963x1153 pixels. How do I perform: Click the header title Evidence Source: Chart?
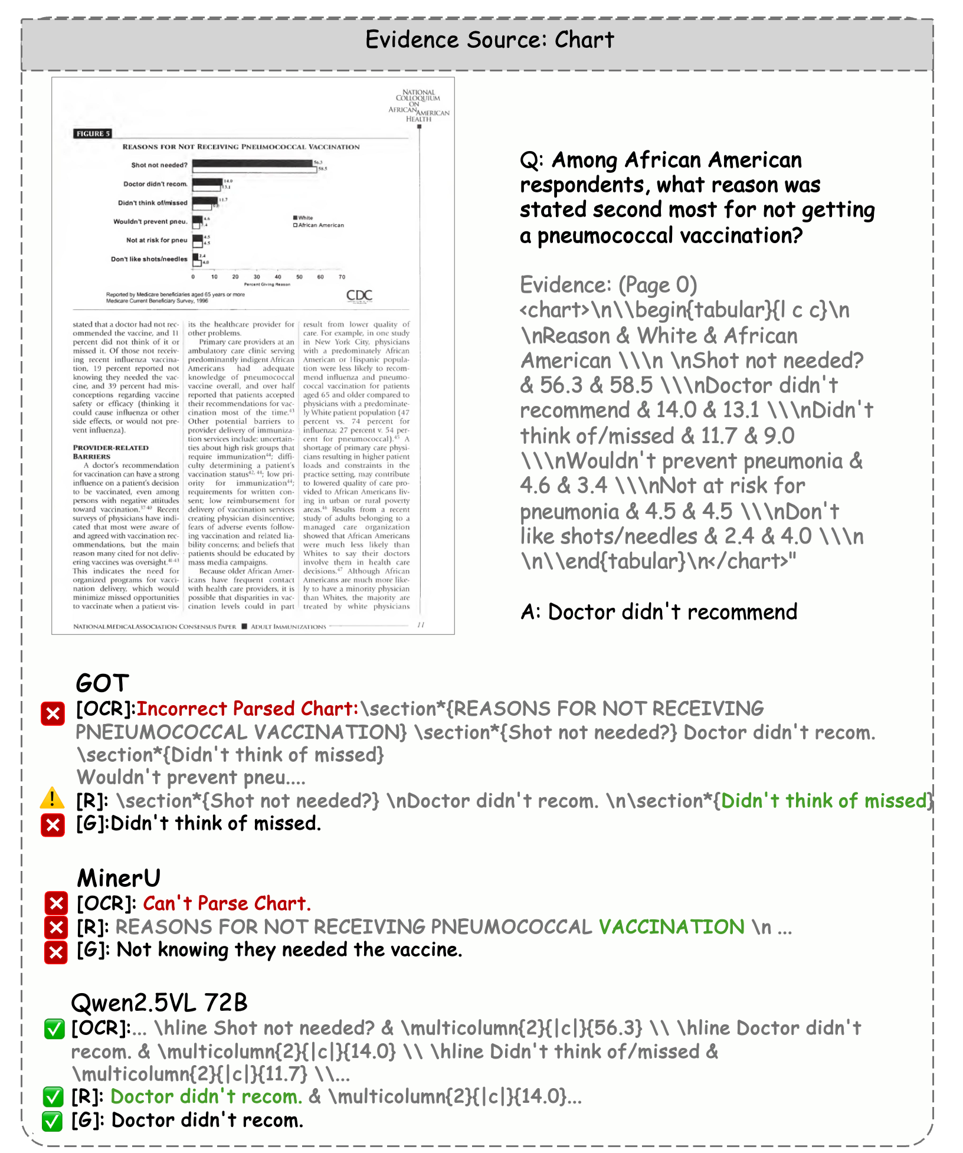coord(489,40)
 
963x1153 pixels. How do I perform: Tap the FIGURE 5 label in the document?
coord(93,134)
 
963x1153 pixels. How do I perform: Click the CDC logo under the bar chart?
coord(359,295)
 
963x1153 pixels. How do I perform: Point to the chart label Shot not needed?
coord(159,165)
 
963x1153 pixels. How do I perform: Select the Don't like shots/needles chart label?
coord(149,259)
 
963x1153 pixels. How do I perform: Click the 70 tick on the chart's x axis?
coord(342,277)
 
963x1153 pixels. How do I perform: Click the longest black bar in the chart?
coord(252,163)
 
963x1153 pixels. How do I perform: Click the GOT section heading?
coord(102,683)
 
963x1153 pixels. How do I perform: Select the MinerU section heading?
coord(119,878)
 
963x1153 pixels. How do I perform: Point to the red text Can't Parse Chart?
coord(227,903)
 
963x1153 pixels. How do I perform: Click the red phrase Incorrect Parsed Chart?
coord(248,709)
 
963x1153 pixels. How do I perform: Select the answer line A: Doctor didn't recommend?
coord(659,612)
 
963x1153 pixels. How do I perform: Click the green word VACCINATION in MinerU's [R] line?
coord(672,927)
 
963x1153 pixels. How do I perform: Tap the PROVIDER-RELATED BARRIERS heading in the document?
coord(111,452)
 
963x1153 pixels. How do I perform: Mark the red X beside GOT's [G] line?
coord(53,824)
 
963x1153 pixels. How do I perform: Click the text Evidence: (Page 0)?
coord(608,285)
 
